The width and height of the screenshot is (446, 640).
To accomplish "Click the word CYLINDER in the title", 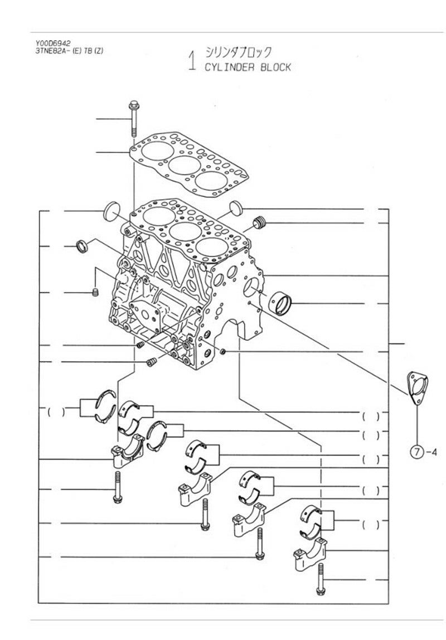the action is [229, 67].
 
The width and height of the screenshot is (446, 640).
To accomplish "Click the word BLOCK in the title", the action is [276, 67].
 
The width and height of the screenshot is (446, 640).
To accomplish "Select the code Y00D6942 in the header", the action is [53, 43].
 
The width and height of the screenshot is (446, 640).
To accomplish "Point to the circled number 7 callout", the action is [416, 452].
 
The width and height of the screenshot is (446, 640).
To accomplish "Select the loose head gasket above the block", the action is [188, 164].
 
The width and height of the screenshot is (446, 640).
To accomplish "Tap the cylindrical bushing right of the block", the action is [281, 304].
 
